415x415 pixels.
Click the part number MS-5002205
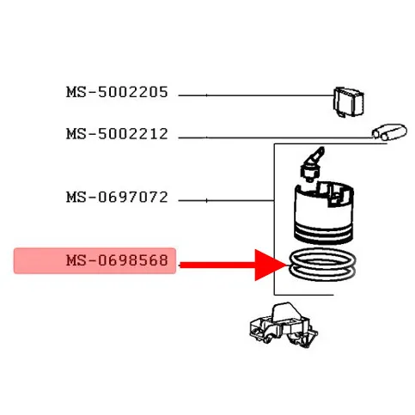click(117, 92)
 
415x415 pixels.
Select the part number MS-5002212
click(117, 134)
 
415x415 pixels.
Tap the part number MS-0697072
click(117, 198)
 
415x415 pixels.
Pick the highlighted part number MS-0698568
click(117, 260)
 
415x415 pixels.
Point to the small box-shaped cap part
click(349, 102)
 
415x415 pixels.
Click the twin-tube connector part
click(389, 132)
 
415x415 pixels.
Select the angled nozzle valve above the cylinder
click(312, 164)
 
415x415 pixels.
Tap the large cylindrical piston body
click(324, 212)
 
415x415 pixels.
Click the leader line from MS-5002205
click(256, 95)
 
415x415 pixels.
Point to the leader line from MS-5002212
click(275, 137)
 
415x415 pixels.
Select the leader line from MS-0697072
click(226, 200)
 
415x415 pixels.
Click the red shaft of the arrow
click(217, 265)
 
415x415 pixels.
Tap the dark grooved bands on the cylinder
click(324, 232)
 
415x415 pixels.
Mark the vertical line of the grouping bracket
click(274, 219)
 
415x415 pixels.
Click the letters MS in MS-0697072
click(76, 198)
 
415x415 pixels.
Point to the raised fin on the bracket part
click(284, 313)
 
